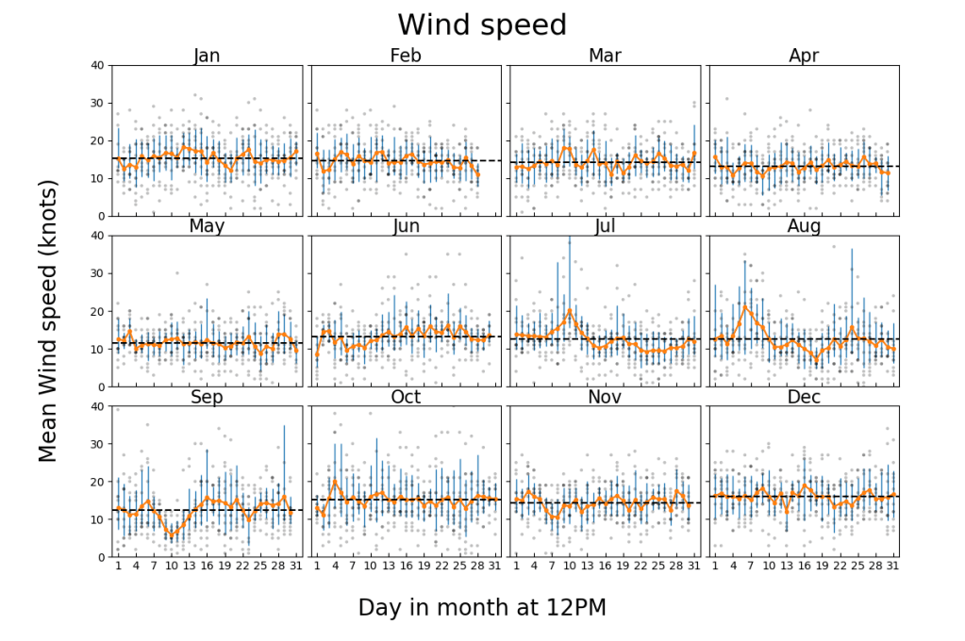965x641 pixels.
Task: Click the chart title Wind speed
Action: (x=482, y=25)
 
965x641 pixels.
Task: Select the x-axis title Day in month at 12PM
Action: (x=482, y=608)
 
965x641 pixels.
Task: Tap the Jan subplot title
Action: (x=207, y=56)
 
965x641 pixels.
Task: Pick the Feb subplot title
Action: (x=406, y=56)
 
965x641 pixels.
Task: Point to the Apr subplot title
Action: (x=804, y=56)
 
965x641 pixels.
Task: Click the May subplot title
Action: (x=207, y=226)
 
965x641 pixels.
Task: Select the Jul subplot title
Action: (x=605, y=226)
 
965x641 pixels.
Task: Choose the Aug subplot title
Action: (x=804, y=226)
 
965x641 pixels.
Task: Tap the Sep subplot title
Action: (x=207, y=397)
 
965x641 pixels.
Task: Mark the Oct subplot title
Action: (x=406, y=397)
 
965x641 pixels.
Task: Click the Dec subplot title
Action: (x=804, y=397)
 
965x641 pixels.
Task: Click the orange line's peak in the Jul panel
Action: (x=569, y=310)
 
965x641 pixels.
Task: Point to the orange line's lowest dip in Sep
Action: (x=171, y=536)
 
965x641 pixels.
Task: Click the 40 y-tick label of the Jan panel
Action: (x=96, y=65)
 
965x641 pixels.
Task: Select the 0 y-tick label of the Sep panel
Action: (x=100, y=557)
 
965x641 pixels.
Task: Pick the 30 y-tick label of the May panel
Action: (x=96, y=273)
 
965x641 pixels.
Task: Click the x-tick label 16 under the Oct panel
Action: (x=406, y=567)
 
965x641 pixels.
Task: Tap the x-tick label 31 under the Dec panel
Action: (x=892, y=567)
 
